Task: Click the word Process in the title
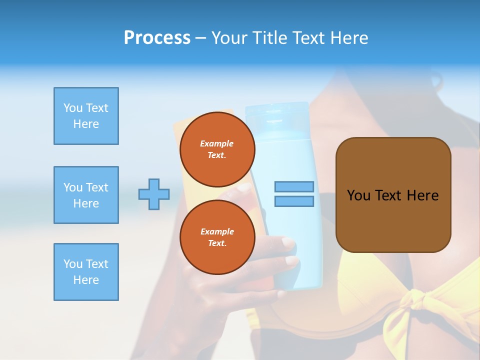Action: click(x=157, y=38)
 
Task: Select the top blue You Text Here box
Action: click(x=86, y=116)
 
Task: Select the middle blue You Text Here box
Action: click(x=86, y=195)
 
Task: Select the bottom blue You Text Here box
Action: click(x=86, y=272)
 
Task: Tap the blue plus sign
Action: click(x=154, y=194)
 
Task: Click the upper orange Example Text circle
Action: click(x=217, y=149)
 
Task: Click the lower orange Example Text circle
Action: click(x=217, y=237)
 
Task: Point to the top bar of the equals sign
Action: click(x=294, y=187)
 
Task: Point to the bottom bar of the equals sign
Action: click(x=294, y=201)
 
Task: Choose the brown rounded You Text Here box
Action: click(x=393, y=195)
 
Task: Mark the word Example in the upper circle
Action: click(x=217, y=143)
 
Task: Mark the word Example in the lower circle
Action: click(x=217, y=231)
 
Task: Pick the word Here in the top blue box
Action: click(x=86, y=124)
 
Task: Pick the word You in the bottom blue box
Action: click(x=72, y=264)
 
